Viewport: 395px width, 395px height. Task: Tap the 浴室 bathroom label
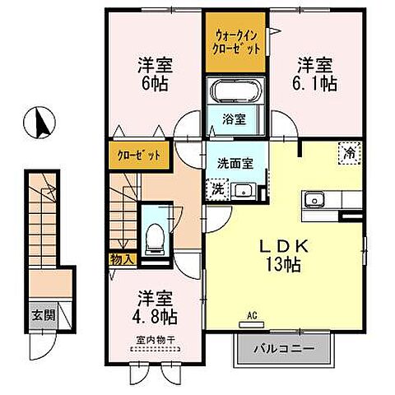[235, 119]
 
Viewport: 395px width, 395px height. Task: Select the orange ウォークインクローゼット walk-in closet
[236, 42]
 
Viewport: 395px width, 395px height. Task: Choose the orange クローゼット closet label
[135, 154]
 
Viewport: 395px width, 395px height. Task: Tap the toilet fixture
[151, 238]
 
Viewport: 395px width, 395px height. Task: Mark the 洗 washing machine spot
[218, 188]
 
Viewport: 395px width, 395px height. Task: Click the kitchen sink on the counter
[314, 202]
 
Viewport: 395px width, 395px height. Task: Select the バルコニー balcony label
[285, 349]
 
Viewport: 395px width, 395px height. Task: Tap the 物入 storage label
[116, 259]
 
